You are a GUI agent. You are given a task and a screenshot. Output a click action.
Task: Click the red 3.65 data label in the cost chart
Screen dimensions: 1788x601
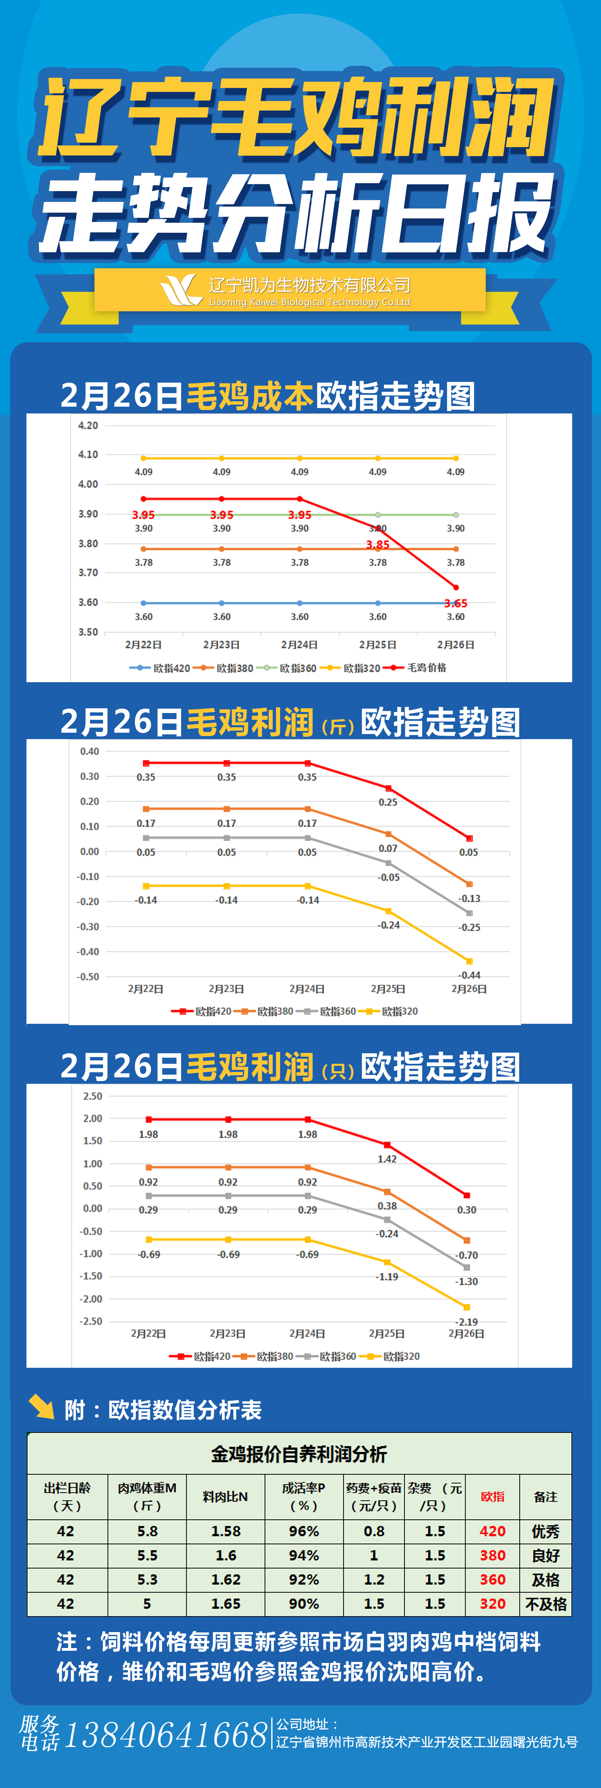(456, 603)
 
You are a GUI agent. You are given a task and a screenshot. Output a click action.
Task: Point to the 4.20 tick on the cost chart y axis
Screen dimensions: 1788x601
(88, 426)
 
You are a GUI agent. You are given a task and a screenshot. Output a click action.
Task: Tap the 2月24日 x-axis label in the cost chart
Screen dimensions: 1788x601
(299, 645)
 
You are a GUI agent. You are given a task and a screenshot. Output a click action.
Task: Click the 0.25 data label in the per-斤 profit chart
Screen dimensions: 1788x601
(388, 802)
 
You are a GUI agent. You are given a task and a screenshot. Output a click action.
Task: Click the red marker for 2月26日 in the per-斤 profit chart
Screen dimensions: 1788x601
(469, 838)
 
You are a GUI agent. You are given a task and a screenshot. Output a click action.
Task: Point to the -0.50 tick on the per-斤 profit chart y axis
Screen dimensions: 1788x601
(88, 977)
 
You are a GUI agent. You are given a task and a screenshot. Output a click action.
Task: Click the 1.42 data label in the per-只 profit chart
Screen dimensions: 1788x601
(387, 1159)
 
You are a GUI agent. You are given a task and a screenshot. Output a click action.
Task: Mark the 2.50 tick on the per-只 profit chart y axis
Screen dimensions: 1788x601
(92, 1097)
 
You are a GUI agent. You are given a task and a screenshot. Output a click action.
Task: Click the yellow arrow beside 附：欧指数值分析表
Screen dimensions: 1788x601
(42, 1407)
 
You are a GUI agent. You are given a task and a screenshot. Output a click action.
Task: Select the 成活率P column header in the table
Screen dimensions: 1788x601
(304, 1497)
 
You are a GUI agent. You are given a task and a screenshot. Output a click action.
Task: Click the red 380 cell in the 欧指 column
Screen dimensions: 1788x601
(492, 1556)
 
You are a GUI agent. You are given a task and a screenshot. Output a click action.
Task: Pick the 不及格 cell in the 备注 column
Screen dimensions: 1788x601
(546, 1604)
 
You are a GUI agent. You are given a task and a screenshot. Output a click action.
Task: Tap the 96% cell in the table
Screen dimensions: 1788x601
(304, 1531)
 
